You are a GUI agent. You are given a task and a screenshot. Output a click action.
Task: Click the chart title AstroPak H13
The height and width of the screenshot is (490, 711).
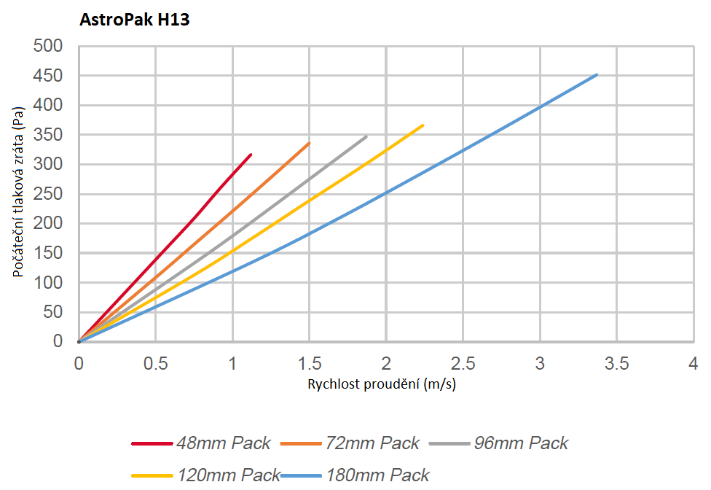pyautogui.click(x=135, y=20)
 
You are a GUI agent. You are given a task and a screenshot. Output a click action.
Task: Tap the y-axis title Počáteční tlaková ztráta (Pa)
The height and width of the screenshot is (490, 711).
pyautogui.click(x=20, y=192)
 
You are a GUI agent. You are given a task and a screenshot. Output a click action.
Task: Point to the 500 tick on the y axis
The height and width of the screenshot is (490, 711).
pyautogui.click(x=47, y=47)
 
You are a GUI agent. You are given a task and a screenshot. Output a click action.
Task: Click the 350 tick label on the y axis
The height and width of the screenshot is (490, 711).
pyautogui.click(x=47, y=135)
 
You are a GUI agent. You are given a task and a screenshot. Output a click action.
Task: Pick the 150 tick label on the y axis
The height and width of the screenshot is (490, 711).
pyautogui.click(x=47, y=253)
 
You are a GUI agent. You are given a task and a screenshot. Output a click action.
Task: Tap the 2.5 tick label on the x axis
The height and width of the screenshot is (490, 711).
pyautogui.click(x=463, y=363)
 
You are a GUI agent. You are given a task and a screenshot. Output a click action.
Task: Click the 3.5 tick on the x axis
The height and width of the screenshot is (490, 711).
pyautogui.click(x=616, y=363)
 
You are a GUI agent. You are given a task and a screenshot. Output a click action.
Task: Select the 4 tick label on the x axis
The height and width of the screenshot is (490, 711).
pyautogui.click(x=693, y=363)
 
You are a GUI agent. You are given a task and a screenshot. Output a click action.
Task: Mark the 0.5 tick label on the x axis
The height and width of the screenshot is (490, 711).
pyautogui.click(x=155, y=363)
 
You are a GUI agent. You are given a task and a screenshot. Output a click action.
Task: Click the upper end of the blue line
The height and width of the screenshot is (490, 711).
pyautogui.click(x=597, y=74)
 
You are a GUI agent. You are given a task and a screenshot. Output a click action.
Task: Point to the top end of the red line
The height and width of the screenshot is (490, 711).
pyautogui.click(x=251, y=155)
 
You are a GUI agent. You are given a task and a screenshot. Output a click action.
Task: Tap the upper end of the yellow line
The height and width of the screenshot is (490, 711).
pyautogui.click(x=423, y=125)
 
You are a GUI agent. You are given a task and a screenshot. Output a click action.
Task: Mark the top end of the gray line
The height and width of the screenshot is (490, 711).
pyautogui.click(x=366, y=136)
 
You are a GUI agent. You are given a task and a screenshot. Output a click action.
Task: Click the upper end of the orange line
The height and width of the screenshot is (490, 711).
pyautogui.click(x=309, y=143)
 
